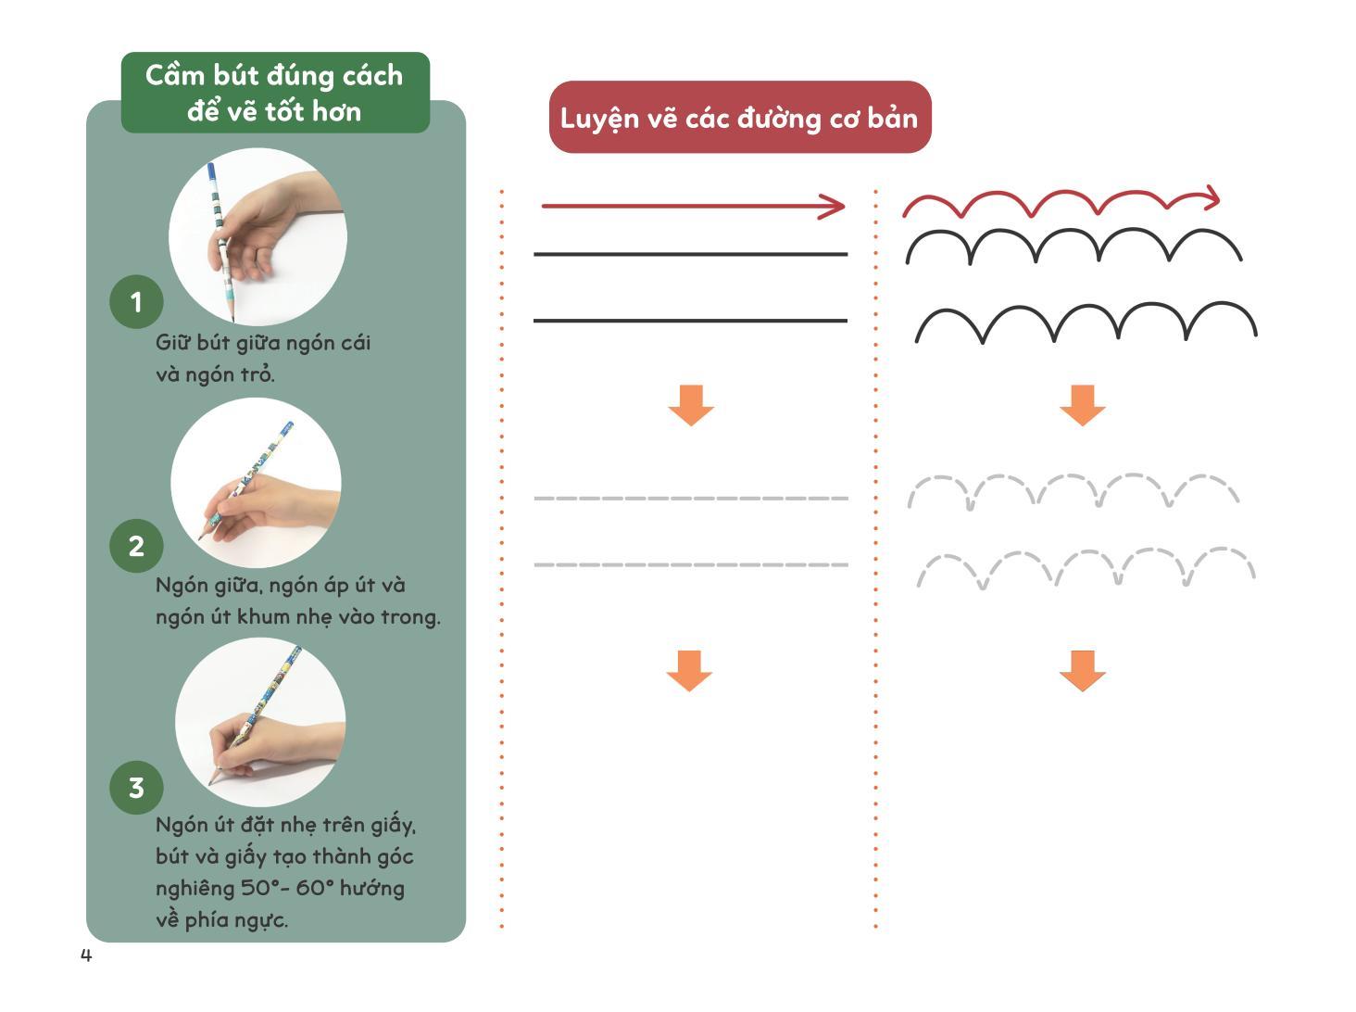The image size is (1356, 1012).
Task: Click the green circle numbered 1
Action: (136, 301)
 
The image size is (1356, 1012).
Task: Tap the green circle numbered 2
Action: (136, 546)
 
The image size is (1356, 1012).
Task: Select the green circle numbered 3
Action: (136, 788)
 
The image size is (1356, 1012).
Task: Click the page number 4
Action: (86, 955)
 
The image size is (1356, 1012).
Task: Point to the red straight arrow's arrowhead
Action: (835, 207)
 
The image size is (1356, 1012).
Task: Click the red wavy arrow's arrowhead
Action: (1210, 197)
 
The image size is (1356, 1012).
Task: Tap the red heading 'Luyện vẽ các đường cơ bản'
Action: (739, 118)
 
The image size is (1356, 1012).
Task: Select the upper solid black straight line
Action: (690, 254)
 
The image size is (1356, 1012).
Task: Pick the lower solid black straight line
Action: (690, 321)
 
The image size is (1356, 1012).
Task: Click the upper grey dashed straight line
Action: (690, 499)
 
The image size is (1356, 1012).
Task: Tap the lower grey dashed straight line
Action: (690, 564)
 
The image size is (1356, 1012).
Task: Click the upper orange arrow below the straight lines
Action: (691, 405)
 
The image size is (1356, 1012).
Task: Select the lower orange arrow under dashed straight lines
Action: (689, 670)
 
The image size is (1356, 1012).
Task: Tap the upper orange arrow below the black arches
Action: (1082, 405)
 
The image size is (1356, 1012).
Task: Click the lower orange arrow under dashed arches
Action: (1082, 670)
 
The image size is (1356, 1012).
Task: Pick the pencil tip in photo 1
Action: (232, 318)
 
